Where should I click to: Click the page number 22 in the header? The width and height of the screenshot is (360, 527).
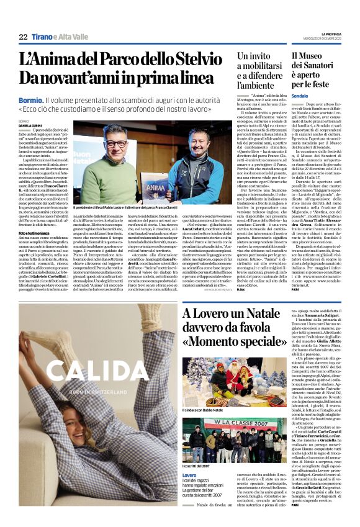click(23, 37)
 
